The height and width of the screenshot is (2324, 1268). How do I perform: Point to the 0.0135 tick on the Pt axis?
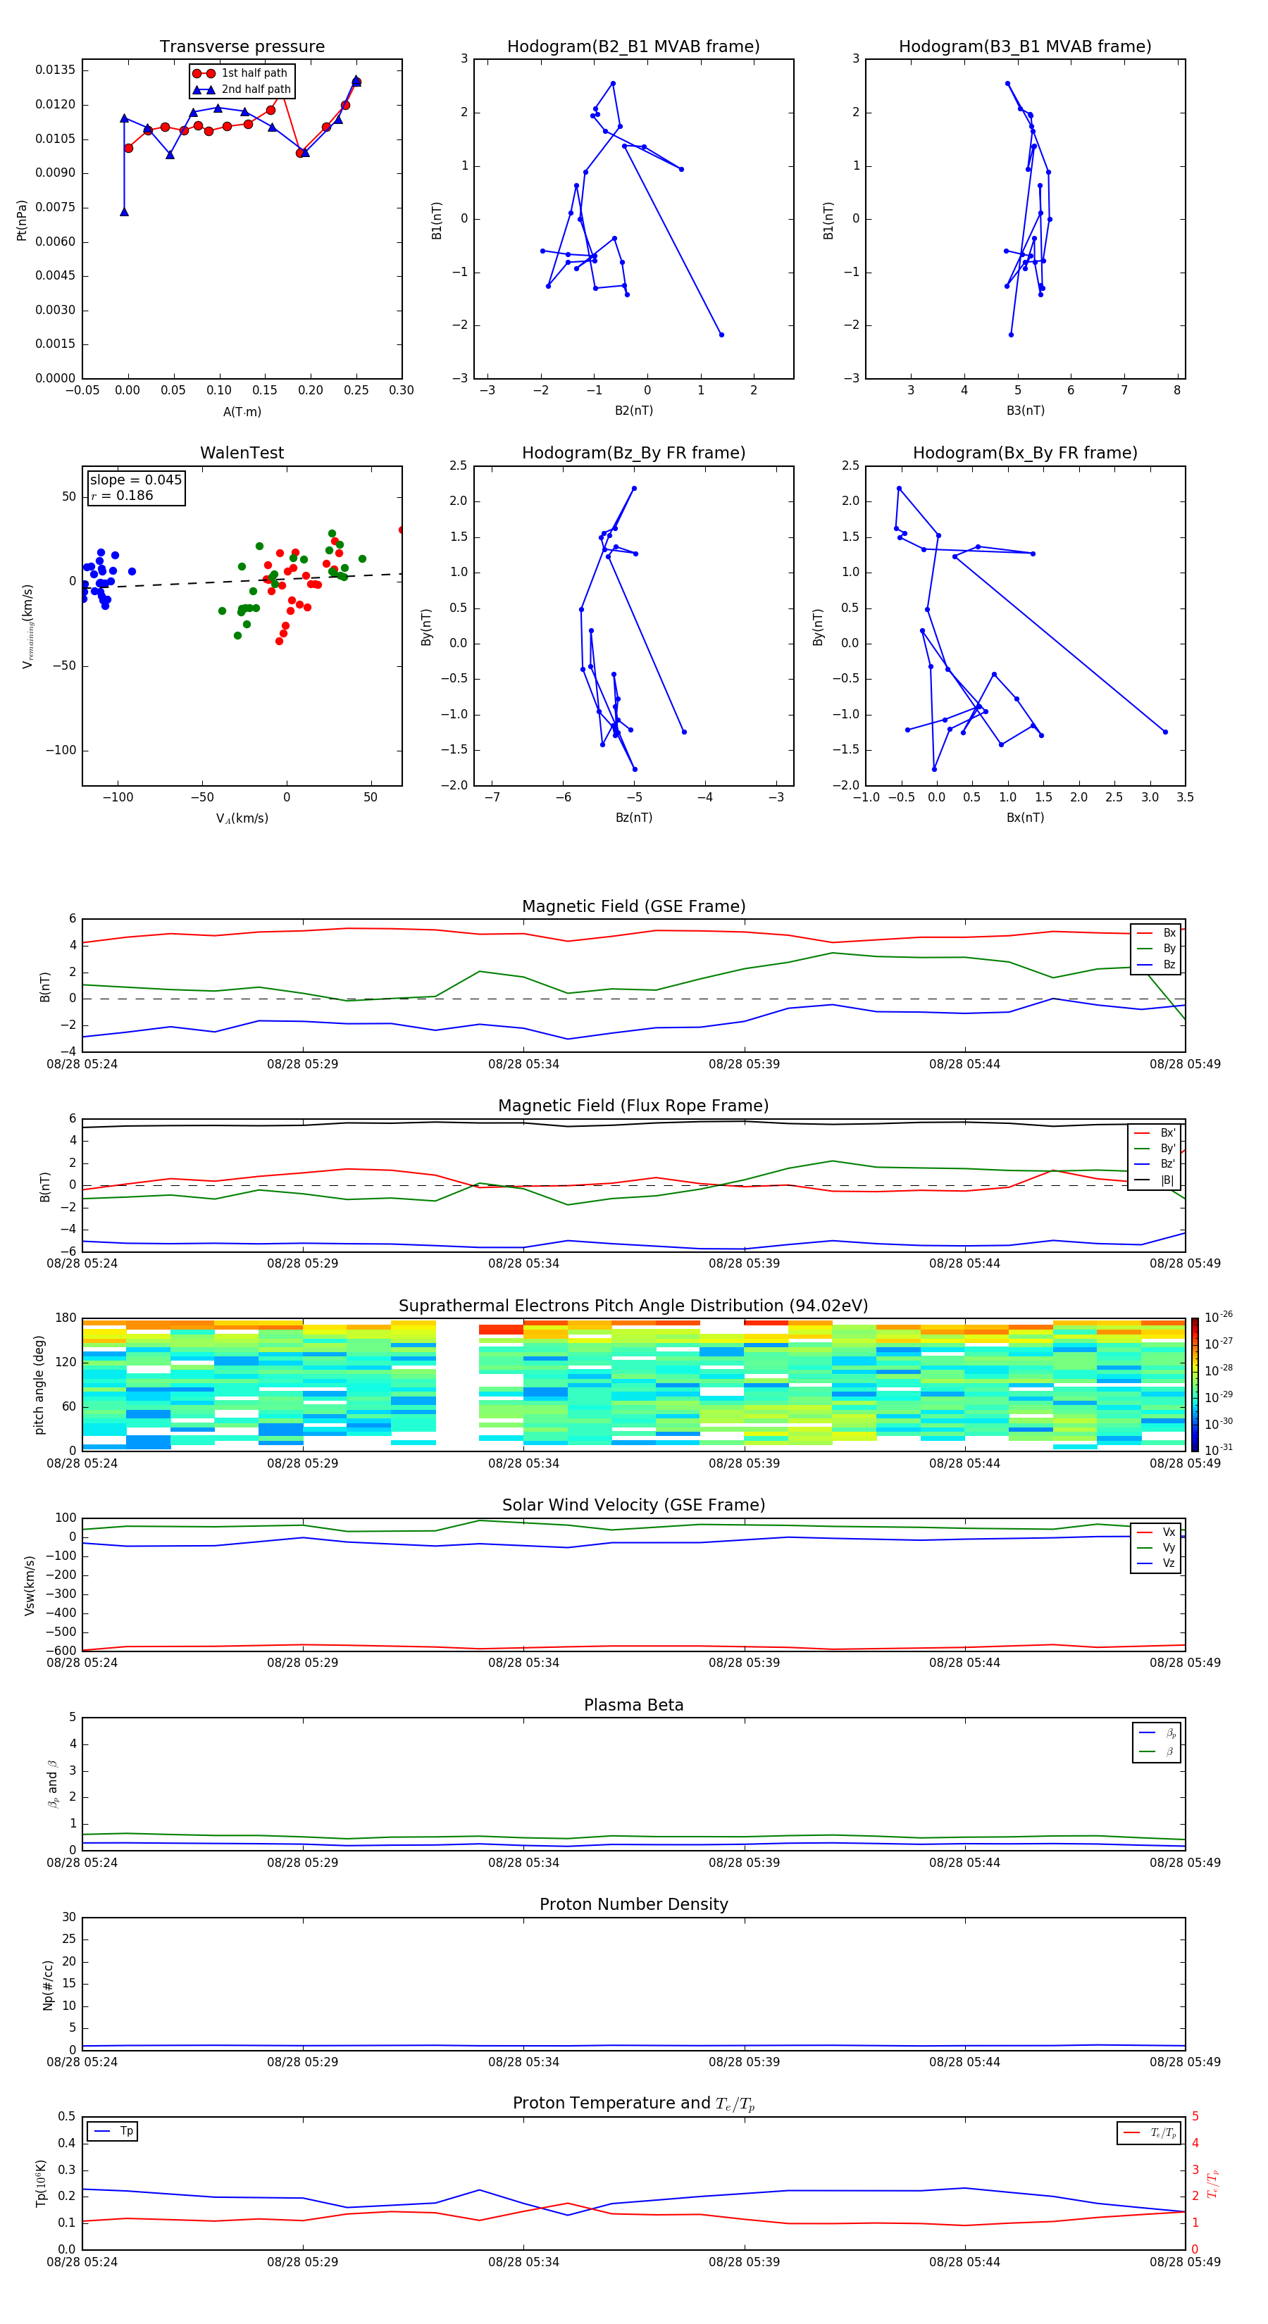(55, 70)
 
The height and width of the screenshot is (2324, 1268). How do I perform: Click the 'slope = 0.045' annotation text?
(135, 480)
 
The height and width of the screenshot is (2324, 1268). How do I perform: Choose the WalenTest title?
(242, 453)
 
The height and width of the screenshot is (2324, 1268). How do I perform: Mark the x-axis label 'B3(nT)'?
(1025, 411)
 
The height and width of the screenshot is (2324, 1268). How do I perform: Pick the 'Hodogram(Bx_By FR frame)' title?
(1024, 453)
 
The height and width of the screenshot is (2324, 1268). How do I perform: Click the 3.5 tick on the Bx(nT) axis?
(1184, 797)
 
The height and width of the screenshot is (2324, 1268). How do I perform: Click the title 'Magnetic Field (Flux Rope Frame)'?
(633, 1106)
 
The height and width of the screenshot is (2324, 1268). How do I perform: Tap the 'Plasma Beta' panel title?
(633, 1705)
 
